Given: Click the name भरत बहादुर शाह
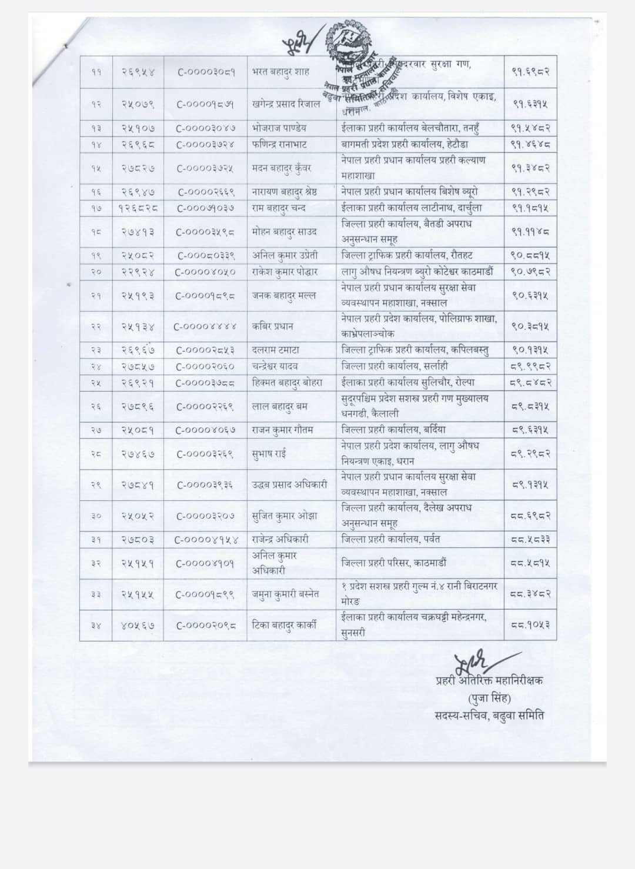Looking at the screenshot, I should coord(280,72).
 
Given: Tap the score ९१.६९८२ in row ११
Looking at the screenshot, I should coord(530,72).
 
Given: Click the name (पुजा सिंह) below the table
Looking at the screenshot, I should coord(489,698).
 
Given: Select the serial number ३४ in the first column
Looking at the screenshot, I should coord(96,625).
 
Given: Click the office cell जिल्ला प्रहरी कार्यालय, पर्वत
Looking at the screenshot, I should coord(390,539).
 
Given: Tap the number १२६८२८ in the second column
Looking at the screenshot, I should coord(138,208).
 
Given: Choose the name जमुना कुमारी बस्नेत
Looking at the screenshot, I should coord(285,594).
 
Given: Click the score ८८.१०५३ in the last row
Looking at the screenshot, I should coord(530,625).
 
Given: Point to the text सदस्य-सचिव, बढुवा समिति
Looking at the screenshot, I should coord(489,716).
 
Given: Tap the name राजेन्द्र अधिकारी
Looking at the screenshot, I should coord(280,539).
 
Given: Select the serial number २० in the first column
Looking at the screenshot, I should coord(96,272).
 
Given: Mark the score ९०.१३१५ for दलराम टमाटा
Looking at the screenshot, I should coord(530,350).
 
